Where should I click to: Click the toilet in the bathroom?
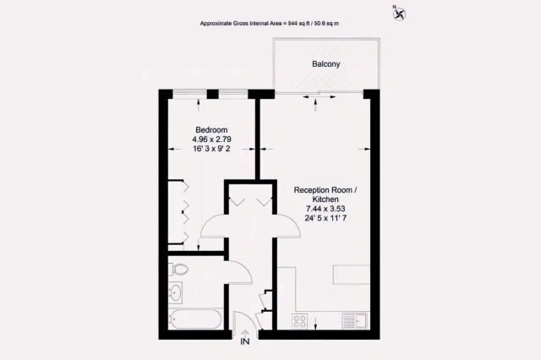click(178, 270)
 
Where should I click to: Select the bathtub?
click(194, 321)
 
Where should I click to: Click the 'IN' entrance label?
click(245, 342)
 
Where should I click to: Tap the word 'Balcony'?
click(314, 64)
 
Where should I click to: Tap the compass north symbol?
click(399, 13)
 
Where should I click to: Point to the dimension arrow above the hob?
click(315, 321)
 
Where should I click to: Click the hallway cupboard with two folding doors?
click(250, 202)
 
